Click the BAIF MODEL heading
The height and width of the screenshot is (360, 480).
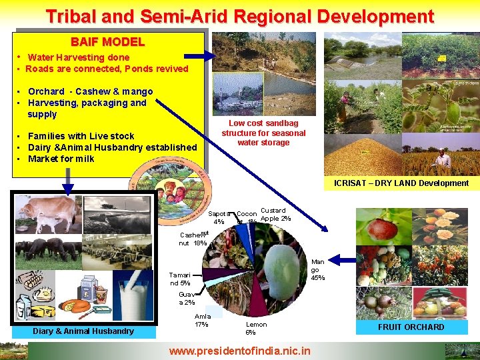point(107,42)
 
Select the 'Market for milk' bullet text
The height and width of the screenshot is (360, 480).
point(61,159)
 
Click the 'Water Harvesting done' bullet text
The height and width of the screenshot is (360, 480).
point(78,57)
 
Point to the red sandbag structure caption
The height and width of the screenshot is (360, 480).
point(263,133)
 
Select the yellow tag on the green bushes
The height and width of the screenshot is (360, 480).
point(441,59)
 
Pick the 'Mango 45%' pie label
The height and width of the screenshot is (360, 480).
point(318,269)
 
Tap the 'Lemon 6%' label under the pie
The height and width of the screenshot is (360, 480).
point(255,328)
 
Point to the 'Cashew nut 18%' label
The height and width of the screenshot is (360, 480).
point(193,239)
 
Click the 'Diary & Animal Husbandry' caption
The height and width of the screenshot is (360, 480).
point(83,331)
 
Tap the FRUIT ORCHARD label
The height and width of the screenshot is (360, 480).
point(411,327)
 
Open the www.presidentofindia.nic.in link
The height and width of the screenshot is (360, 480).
point(239,350)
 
